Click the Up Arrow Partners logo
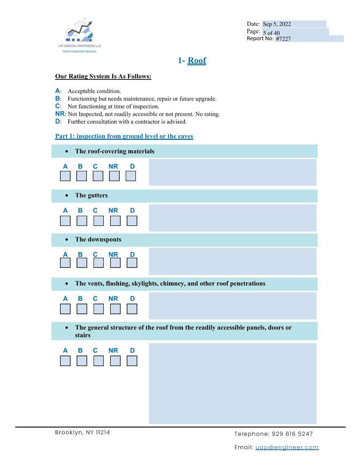80,35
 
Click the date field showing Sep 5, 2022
294,24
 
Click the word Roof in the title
197,60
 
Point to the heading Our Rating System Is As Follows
103,76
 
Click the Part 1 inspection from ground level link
124,136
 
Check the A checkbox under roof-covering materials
65,176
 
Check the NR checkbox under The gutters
115,221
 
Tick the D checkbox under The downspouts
132,263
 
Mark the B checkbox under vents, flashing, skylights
82,309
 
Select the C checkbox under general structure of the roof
98,361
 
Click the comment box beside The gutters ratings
232,217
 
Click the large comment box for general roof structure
232,383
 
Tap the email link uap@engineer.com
287,447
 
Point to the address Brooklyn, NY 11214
82,432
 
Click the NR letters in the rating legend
60,114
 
